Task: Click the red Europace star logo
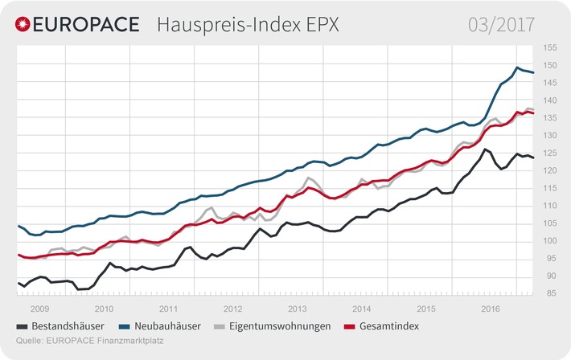coord(24,24)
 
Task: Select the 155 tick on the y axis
coord(550,47)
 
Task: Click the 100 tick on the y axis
coord(550,241)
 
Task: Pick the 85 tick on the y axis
coord(550,293)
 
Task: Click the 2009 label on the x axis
coord(39,308)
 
